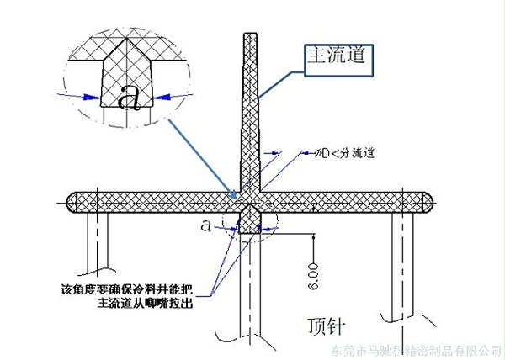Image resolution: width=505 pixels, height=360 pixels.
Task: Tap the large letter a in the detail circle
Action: tap(128, 98)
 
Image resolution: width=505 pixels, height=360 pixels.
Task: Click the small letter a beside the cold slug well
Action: tap(207, 225)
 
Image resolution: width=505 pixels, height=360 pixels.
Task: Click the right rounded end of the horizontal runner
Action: tap(429, 202)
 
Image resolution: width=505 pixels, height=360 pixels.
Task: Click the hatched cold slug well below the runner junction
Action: tap(251, 219)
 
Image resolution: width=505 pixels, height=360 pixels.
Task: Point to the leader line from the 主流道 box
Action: tap(278, 84)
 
